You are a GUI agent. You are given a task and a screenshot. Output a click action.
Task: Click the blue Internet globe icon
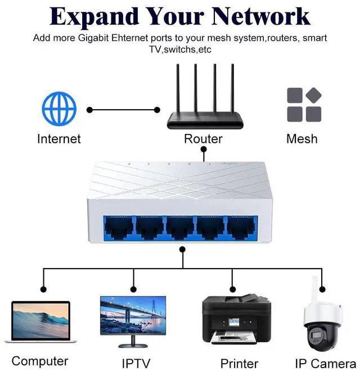coord(59,109)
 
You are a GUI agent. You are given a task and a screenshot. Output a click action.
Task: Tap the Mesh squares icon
coord(304,105)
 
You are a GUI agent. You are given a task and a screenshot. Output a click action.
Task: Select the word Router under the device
coord(203,138)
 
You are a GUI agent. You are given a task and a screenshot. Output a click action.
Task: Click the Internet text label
coord(59,138)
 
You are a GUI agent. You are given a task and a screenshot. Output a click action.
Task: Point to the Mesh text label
coord(302,138)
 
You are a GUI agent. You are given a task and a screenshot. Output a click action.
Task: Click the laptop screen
coord(40,320)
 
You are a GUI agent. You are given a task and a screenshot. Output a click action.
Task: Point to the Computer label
coord(40,361)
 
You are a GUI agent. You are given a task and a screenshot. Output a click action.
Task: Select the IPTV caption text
coord(136,363)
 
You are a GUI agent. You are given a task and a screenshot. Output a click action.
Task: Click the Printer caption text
coord(239,363)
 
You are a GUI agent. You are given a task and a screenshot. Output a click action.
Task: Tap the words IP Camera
coord(326,363)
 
